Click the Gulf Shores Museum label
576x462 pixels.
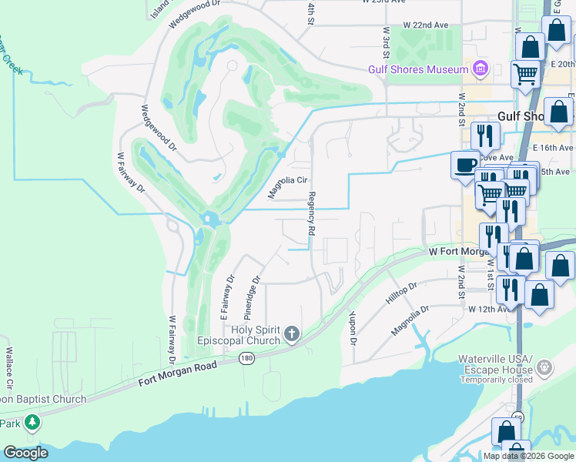pos(418,69)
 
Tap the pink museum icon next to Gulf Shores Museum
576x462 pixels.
pos(481,69)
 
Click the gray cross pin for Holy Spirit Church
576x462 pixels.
pos(291,333)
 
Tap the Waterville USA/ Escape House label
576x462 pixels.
pos(496,364)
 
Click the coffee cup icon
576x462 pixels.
pos(465,166)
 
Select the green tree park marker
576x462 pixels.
pos(32,422)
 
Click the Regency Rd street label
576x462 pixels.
pos(313,213)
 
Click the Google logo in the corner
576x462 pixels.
pos(25,453)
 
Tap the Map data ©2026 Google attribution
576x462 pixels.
pos(528,456)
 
